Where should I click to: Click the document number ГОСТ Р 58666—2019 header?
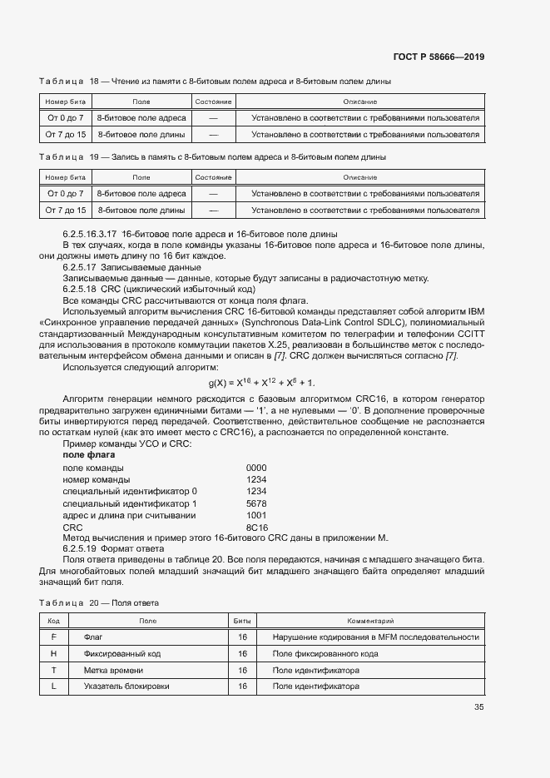[439, 57]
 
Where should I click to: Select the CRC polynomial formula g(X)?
[261, 382]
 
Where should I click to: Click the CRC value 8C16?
[256, 528]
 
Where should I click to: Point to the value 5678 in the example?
[256, 503]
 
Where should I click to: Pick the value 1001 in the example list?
[256, 516]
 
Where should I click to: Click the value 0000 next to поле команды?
[256, 468]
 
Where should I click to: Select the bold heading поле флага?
[89, 455]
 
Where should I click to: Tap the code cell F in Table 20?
[53, 637]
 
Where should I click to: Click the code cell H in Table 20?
[53, 653]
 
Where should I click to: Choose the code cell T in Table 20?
[53, 670]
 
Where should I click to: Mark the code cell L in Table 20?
[53, 686]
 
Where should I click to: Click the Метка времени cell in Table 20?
[113, 670]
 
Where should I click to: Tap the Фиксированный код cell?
[122, 653]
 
